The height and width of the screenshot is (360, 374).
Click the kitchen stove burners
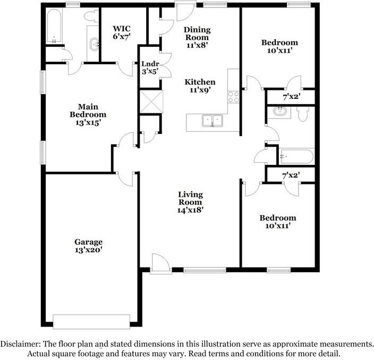tap(233, 97)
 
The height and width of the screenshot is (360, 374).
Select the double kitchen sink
tap(212, 121)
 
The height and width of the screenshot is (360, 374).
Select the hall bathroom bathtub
tap(296, 156)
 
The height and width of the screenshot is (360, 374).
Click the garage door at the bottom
tap(91, 321)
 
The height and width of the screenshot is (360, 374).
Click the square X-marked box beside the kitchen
tap(151, 101)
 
